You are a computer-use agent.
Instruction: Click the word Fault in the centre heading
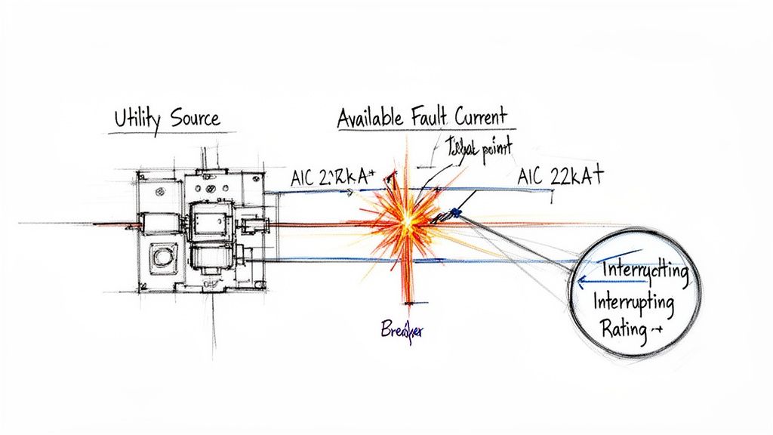pyautogui.click(x=432, y=118)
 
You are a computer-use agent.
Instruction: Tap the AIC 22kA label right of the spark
pyautogui.click(x=561, y=177)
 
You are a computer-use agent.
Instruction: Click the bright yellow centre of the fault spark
pyautogui.click(x=408, y=220)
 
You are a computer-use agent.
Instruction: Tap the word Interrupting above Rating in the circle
pyautogui.click(x=633, y=304)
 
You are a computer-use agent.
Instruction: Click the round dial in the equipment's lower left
pyautogui.click(x=161, y=258)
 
